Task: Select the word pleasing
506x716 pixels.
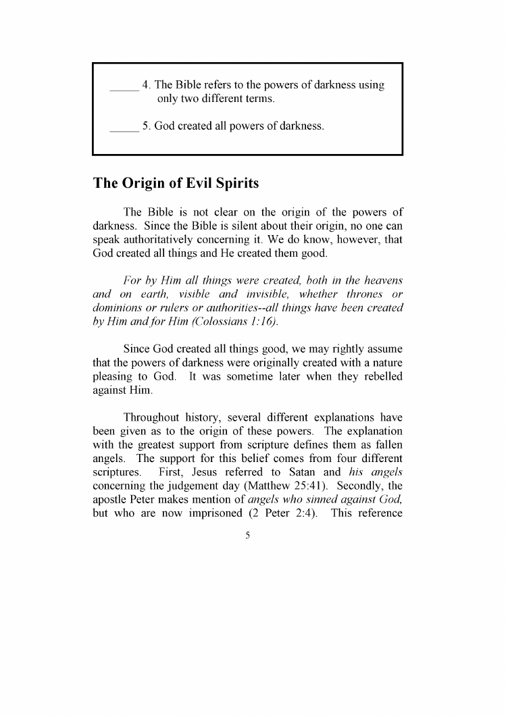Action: click(113, 376)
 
